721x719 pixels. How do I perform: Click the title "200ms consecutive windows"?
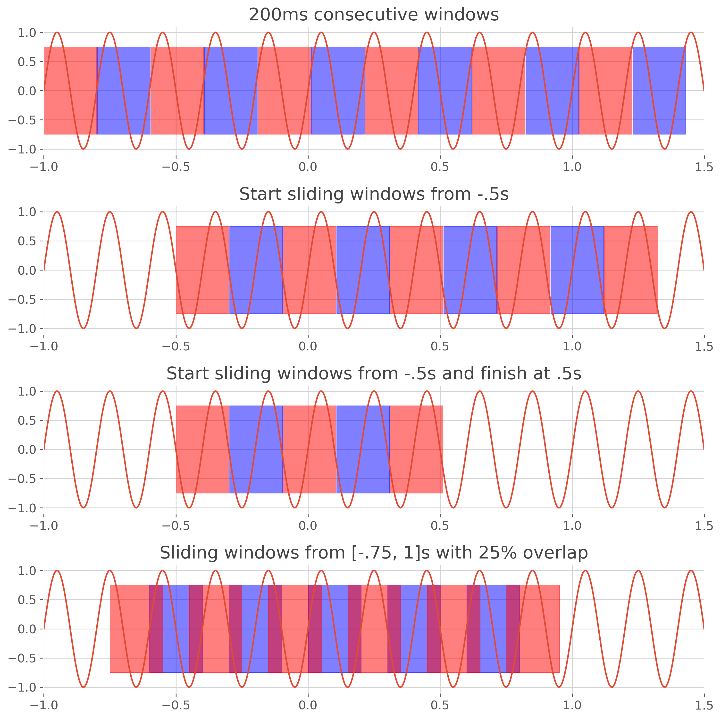(x=374, y=15)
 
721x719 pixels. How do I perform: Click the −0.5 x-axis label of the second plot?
(x=176, y=347)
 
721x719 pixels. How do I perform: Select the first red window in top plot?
(x=70, y=90)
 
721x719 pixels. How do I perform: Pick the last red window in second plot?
(x=631, y=270)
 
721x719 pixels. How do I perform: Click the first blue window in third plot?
(x=256, y=449)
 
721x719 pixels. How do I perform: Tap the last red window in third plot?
(x=417, y=449)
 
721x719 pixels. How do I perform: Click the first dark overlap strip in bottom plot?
(x=156, y=629)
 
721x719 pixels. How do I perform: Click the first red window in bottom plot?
(x=129, y=629)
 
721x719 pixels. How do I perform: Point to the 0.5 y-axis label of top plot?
(x=27, y=62)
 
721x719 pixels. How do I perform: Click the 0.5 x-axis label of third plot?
(x=440, y=526)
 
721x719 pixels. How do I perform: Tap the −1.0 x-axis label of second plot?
(x=44, y=347)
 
